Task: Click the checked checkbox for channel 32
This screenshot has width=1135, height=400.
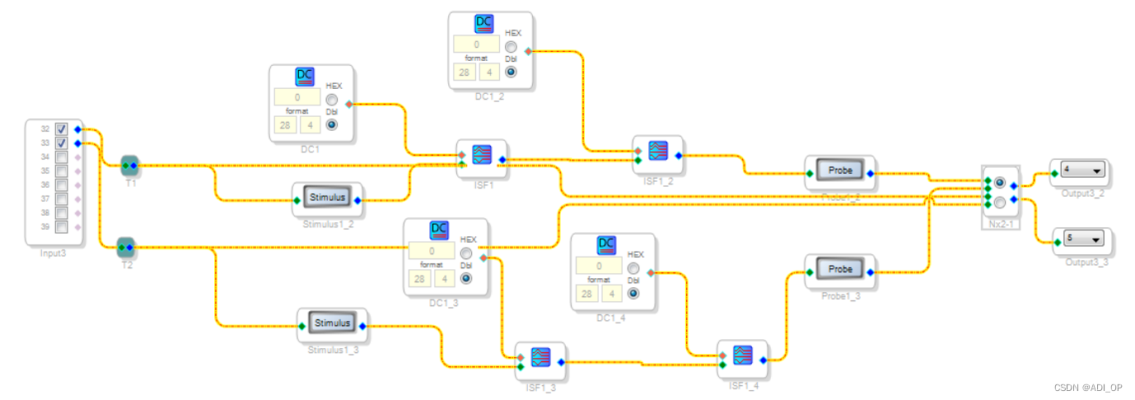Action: coord(61,129)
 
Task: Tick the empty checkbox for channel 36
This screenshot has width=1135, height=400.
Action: coord(61,184)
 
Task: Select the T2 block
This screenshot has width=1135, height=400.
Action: coord(125,245)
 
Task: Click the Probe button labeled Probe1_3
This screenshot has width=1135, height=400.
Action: coord(840,269)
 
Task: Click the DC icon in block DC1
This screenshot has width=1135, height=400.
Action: coord(305,77)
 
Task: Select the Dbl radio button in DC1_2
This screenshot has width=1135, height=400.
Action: coord(511,71)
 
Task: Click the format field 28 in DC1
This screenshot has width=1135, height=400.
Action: coord(285,125)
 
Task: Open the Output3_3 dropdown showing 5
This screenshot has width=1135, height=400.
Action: coord(1082,239)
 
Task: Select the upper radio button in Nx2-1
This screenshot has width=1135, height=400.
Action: coord(999,182)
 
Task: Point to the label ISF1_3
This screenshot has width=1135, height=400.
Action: coord(540,388)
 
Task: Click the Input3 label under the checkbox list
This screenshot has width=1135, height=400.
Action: coord(53,253)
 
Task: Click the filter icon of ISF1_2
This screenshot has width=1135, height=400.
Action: coord(657,150)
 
